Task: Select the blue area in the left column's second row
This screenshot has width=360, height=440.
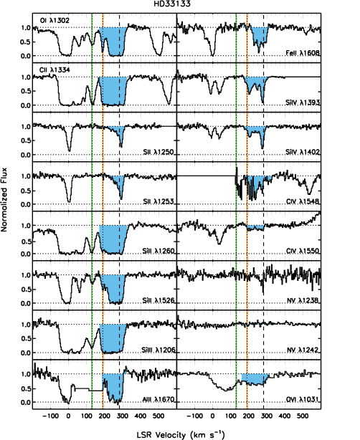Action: point(113,90)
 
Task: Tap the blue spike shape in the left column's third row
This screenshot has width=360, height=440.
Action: point(118,132)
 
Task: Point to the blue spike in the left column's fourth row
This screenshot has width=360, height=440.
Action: point(119,183)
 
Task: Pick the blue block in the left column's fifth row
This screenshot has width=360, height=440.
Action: point(113,238)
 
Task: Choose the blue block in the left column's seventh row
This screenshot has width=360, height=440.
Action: point(113,337)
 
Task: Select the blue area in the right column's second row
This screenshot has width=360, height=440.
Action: point(255,83)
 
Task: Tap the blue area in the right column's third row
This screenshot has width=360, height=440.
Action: point(255,131)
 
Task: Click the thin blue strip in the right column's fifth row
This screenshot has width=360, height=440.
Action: point(256,227)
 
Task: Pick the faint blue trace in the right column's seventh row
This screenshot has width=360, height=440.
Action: point(262,324)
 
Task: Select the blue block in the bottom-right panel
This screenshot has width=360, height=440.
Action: point(254,378)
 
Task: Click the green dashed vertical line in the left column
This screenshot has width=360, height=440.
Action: point(92,215)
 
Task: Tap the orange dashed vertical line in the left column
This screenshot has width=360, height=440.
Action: point(103,215)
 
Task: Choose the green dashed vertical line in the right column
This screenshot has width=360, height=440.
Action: point(236,215)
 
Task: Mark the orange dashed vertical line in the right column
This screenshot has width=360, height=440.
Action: point(247,215)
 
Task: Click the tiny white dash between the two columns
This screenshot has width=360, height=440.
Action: point(174,92)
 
